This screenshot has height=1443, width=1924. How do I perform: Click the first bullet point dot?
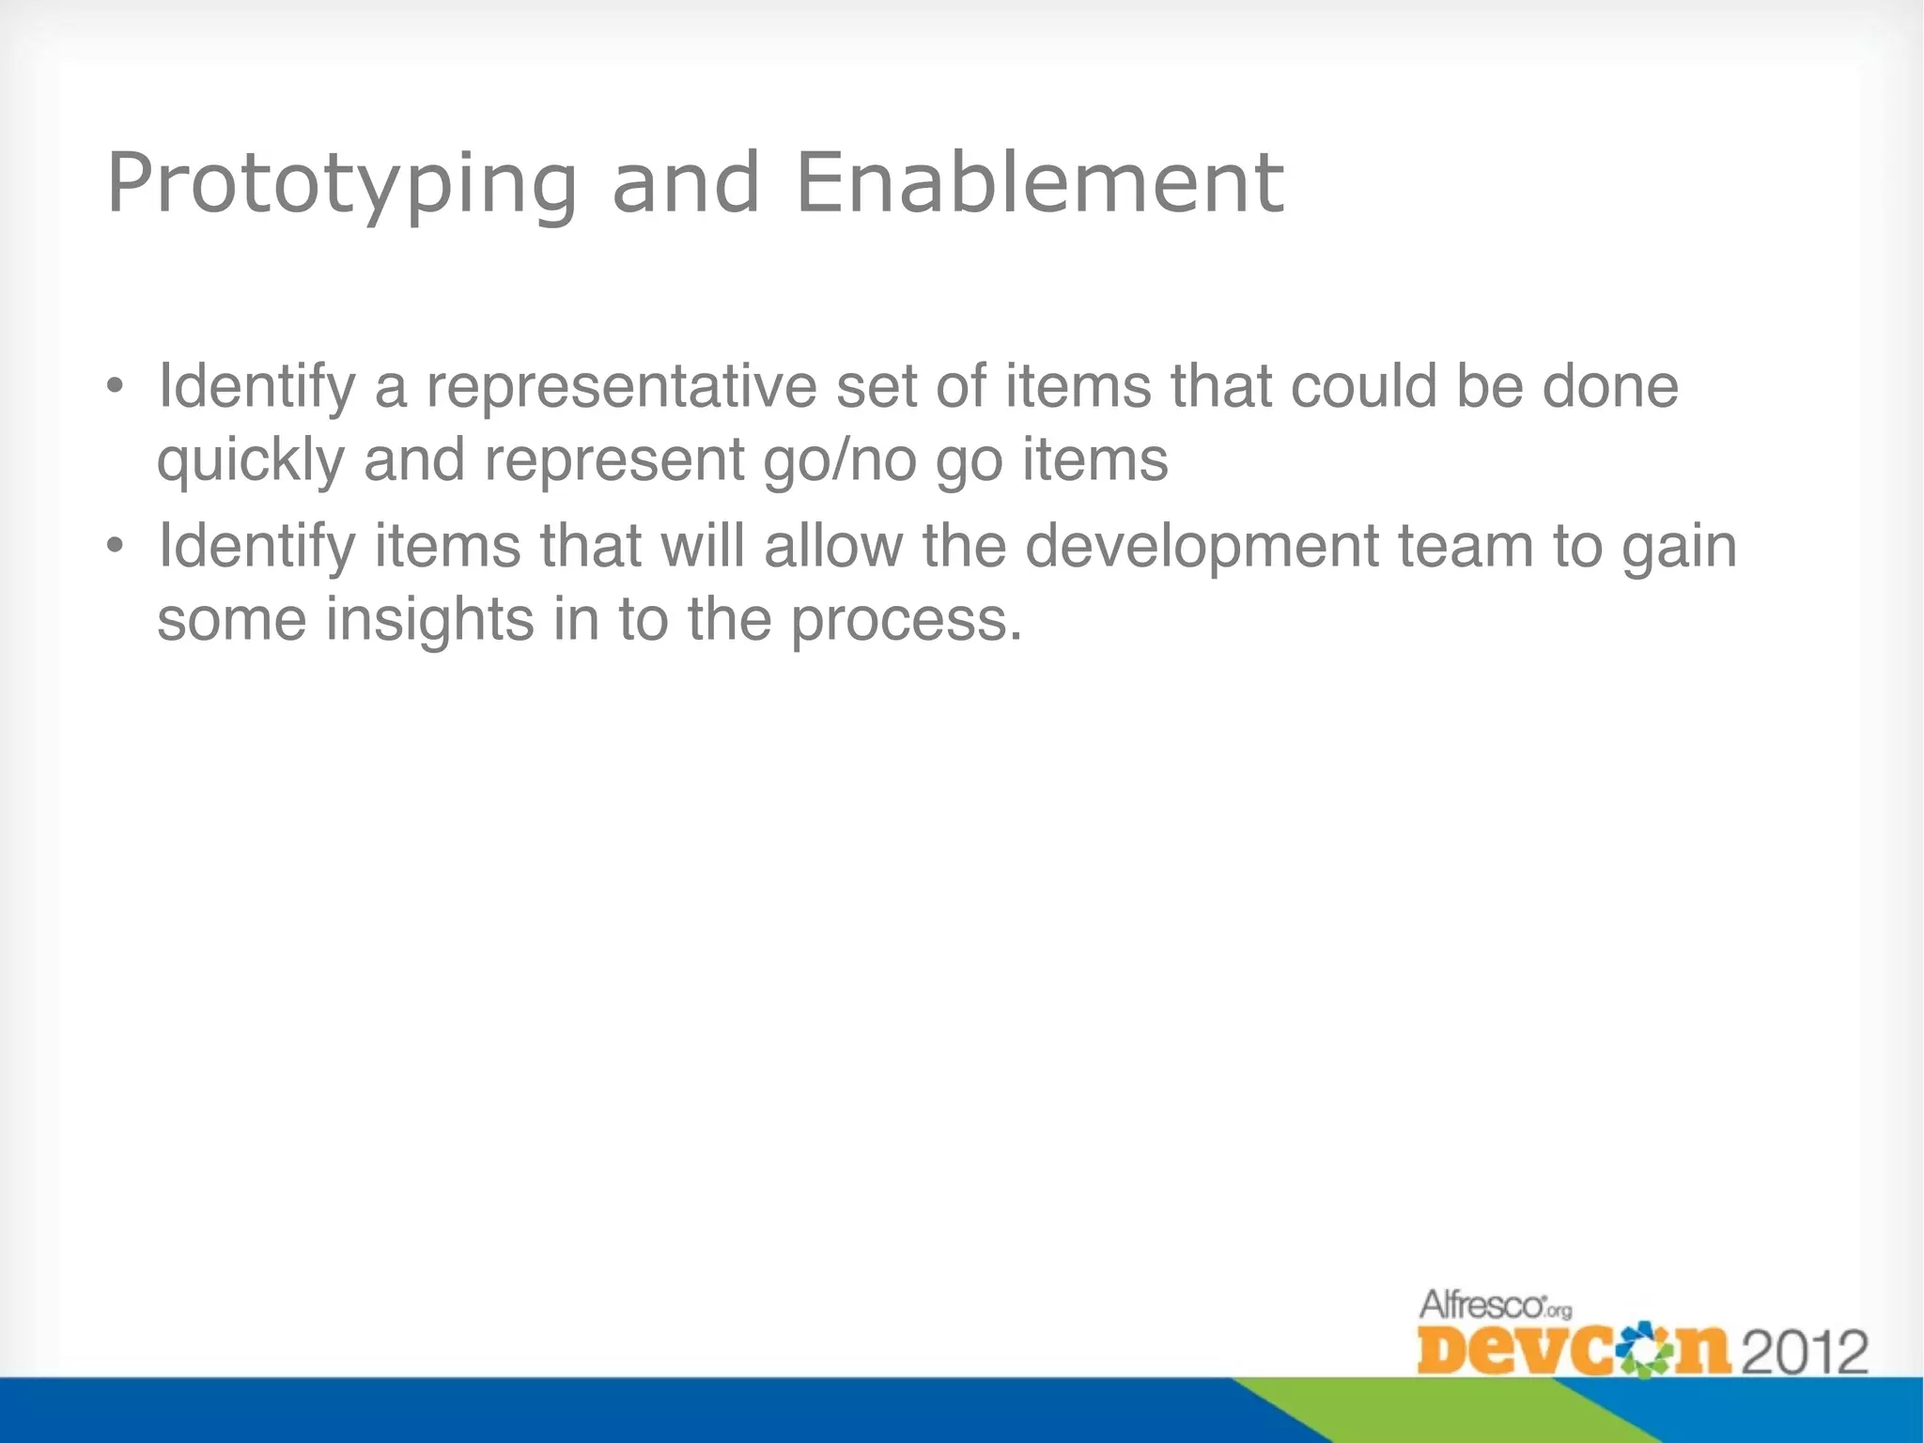click(115, 386)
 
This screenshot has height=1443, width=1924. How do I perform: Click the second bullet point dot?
click(115, 546)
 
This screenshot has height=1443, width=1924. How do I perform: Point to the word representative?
click(622, 386)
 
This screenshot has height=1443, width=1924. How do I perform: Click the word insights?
click(429, 621)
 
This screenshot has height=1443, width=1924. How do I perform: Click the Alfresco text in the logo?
click(1482, 1306)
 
